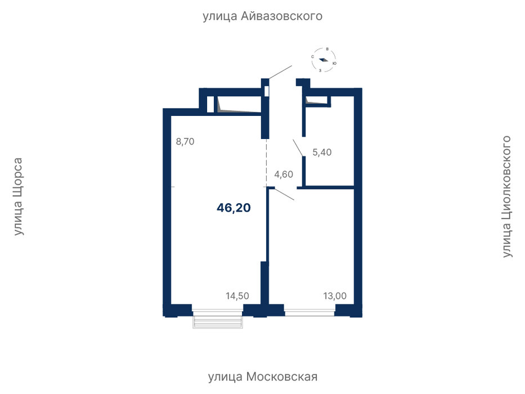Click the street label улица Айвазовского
pos(262,16)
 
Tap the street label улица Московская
pos(263,377)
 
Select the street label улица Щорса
pos(18,196)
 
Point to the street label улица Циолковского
pos(507,196)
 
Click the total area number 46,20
pos(234,208)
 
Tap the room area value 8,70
pos(185,142)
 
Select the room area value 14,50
pos(237,296)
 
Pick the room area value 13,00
pos(335,296)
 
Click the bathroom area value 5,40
pos(322,153)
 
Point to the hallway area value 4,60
pos(284,174)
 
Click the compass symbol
pos(324,60)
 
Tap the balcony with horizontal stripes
pos(218,321)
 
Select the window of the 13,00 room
pos(309,313)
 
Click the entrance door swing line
pos(280,72)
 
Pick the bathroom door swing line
pos(298,148)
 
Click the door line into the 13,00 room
pos(282,195)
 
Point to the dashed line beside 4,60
pos(267,163)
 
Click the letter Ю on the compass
pos(335,63)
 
